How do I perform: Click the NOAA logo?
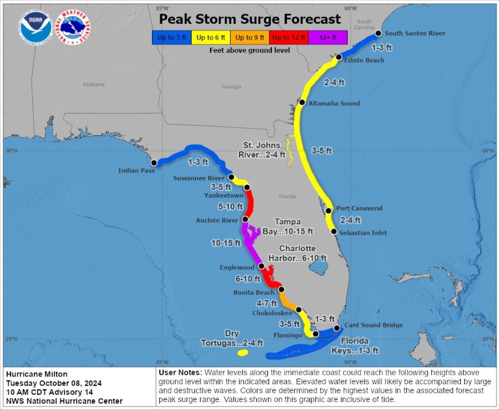pos(36,27)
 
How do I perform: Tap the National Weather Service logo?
pos(73,27)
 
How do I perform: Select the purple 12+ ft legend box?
pos(328,38)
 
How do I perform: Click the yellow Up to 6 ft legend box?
pos(211,38)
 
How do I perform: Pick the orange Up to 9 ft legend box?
pos(250,38)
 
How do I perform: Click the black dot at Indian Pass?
pos(154,163)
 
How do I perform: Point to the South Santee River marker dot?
pos(378,33)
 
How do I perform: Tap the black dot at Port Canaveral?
pos(328,211)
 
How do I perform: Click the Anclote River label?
pos(217,220)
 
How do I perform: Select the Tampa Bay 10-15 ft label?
pos(288,227)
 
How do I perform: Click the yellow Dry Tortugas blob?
pos(243,352)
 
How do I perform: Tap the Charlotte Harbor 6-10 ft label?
pos(298,253)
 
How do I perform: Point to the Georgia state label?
pos(231,87)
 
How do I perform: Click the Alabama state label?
pos(94,84)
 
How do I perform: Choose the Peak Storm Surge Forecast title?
pos(250,19)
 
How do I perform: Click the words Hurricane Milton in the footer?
pos(37,374)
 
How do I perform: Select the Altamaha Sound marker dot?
pos(302,102)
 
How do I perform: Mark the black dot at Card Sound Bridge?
pos(337,328)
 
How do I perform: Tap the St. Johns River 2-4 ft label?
pos(262,150)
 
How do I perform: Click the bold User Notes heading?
pos(181,372)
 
